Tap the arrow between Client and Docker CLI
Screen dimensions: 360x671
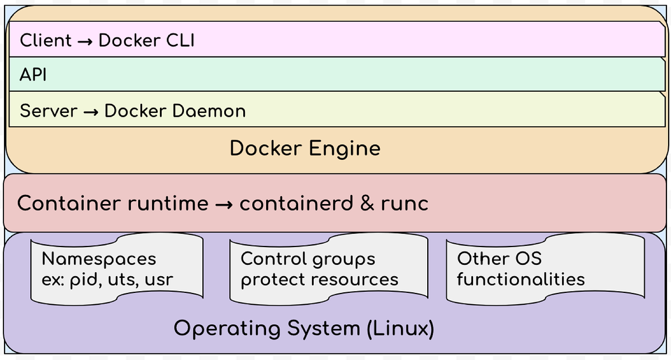(x=86, y=41)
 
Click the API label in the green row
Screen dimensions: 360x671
(x=33, y=75)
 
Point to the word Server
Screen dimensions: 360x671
(x=49, y=110)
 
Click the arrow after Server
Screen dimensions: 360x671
(x=91, y=111)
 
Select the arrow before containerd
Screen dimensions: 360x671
(x=224, y=203)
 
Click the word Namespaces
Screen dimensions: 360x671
(x=99, y=259)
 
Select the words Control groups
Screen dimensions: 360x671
(x=308, y=259)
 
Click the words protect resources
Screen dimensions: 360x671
(x=319, y=279)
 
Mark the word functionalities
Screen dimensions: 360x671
(x=521, y=278)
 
